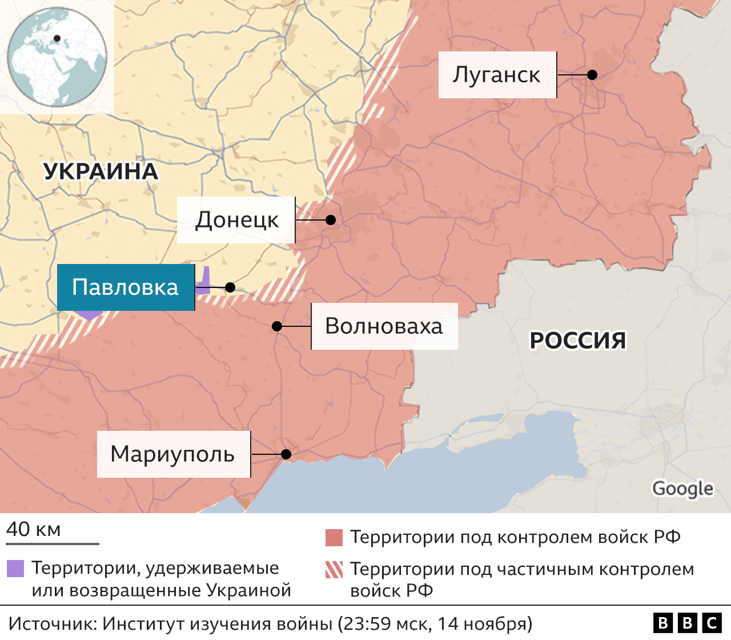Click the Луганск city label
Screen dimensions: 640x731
pyautogui.click(x=497, y=75)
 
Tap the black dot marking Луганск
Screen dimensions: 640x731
pyautogui.click(x=592, y=75)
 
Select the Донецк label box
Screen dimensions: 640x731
pyautogui.click(x=236, y=220)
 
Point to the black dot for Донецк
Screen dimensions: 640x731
pyautogui.click(x=330, y=220)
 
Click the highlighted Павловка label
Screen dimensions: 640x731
pyautogui.click(x=126, y=287)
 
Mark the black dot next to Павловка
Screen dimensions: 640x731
pyautogui.click(x=230, y=287)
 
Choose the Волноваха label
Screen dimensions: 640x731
pyautogui.click(x=384, y=326)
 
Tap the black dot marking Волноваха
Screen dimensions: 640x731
pyautogui.click(x=277, y=326)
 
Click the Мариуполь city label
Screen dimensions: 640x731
pyautogui.click(x=173, y=454)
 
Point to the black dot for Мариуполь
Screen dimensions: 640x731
pyautogui.click(x=286, y=454)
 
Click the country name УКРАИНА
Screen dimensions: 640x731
pyautogui.click(x=101, y=171)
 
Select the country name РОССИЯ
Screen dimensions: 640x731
pyautogui.click(x=578, y=341)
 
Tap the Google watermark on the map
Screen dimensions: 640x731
pyautogui.click(x=682, y=489)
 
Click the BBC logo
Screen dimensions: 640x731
pyautogui.click(x=687, y=623)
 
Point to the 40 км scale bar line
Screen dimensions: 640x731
pyautogui.click(x=53, y=543)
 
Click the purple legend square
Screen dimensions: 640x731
pyautogui.click(x=15, y=569)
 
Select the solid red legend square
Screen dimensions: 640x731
pyautogui.click(x=334, y=538)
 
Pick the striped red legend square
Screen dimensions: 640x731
pyautogui.click(x=334, y=570)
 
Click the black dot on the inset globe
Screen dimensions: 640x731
pyautogui.click(x=57, y=39)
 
